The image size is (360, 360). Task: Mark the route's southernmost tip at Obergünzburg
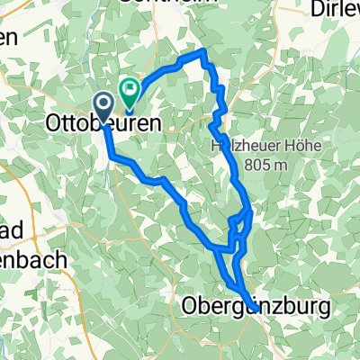coord(256,310)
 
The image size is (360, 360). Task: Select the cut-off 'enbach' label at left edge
coord(33,261)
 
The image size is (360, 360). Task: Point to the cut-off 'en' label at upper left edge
coord(8,38)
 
